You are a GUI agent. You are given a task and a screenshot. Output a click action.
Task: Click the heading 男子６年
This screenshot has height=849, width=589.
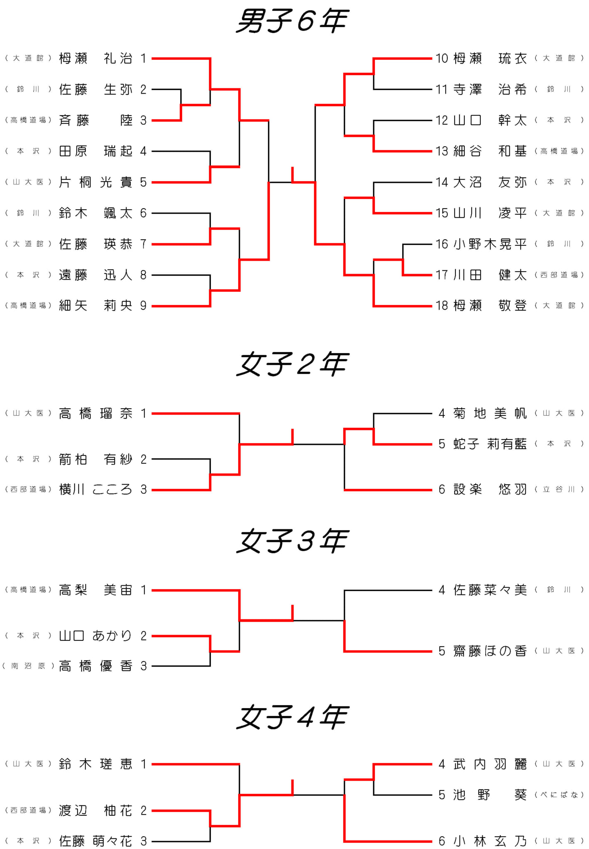tap(292, 21)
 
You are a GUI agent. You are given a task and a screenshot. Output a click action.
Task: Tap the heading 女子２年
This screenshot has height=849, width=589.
tap(292, 364)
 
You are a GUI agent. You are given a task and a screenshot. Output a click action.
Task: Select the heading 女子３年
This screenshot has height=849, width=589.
tap(292, 541)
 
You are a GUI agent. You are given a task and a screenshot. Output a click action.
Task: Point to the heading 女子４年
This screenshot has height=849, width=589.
tap(292, 717)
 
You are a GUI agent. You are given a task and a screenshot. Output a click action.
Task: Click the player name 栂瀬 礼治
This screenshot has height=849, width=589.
tap(95, 58)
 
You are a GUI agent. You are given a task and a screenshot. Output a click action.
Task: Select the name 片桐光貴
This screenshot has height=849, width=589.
tap(95, 182)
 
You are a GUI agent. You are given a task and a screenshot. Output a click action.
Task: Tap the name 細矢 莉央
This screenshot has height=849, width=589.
tap(95, 306)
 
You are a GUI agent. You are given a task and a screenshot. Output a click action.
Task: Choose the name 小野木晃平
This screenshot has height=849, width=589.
tap(490, 244)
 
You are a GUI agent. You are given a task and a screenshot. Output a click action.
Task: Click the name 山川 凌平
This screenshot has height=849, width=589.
tap(490, 213)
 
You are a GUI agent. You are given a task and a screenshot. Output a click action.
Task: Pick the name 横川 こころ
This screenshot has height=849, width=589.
tap(95, 490)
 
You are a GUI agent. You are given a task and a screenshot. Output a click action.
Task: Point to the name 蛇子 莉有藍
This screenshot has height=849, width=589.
tap(490, 444)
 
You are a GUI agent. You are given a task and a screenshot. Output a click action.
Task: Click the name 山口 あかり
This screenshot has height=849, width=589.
tap(95, 636)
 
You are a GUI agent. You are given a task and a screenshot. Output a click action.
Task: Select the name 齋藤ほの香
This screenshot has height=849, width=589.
tap(490, 651)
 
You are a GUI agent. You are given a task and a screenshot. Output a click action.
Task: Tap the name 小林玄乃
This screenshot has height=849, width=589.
tap(490, 841)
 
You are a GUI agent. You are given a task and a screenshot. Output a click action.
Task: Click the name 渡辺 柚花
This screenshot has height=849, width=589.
tap(95, 810)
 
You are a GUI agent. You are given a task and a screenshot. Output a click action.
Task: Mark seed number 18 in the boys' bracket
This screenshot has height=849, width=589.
tap(442, 306)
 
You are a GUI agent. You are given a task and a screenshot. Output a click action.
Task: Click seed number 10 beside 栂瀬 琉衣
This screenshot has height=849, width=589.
tap(442, 58)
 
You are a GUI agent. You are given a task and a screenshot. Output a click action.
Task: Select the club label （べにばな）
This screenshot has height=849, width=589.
tap(559, 795)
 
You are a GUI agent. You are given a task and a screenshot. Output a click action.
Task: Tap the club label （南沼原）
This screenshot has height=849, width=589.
tap(28, 666)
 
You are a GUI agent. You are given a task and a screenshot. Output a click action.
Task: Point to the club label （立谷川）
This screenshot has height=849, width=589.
tap(559, 490)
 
